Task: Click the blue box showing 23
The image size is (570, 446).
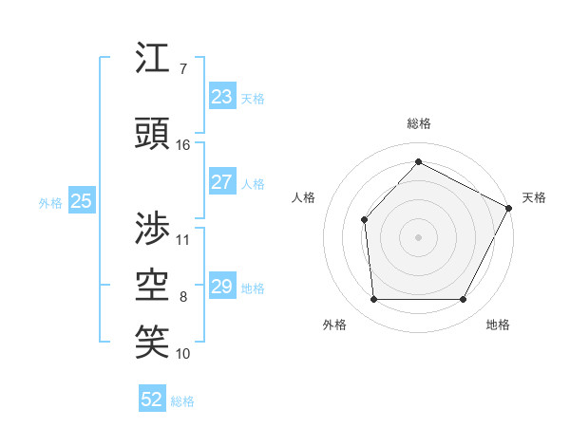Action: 221,97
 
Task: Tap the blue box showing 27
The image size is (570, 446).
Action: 221,183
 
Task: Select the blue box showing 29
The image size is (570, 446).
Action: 221,287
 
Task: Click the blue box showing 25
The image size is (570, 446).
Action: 81,201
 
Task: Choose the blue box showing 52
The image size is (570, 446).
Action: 152,400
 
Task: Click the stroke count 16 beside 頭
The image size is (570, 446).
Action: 183,145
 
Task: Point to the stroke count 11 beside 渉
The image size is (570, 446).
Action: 183,239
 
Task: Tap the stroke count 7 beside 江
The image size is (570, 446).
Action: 182,69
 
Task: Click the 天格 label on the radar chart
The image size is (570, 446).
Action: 534,197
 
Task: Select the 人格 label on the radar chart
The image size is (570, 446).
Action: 303,197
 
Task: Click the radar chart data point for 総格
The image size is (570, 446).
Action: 418,161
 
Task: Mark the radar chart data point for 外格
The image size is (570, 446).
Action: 373,300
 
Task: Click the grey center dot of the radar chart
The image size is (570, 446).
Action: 418,236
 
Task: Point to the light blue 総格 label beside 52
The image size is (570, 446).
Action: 182,401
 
